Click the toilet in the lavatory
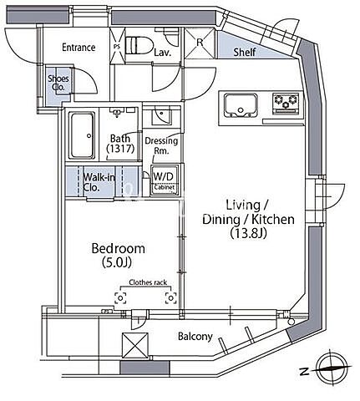pyautogui.click(x=139, y=45)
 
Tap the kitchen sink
pyautogui.click(x=241, y=105)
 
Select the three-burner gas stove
pyautogui.click(x=286, y=104)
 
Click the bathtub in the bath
pyautogui.click(x=82, y=135)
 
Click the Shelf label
pyautogui.click(x=245, y=52)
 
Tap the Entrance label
pyautogui.click(x=79, y=48)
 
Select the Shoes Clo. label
pyautogui.click(x=58, y=83)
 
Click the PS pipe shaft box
pyautogui.click(x=117, y=46)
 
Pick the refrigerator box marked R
pyautogui.click(x=200, y=43)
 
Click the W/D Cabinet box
pyautogui.click(x=164, y=180)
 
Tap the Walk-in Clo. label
pyautogui.click(x=99, y=182)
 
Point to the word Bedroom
pyautogui.click(x=119, y=248)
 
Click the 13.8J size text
pyautogui.click(x=248, y=233)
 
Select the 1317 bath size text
pyautogui.click(x=120, y=148)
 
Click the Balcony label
pyautogui.click(x=195, y=337)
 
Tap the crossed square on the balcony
pyautogui.click(x=135, y=346)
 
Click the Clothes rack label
pyautogui.click(x=148, y=282)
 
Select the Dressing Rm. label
pyautogui.click(x=161, y=145)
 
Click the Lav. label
pyautogui.click(x=162, y=53)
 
